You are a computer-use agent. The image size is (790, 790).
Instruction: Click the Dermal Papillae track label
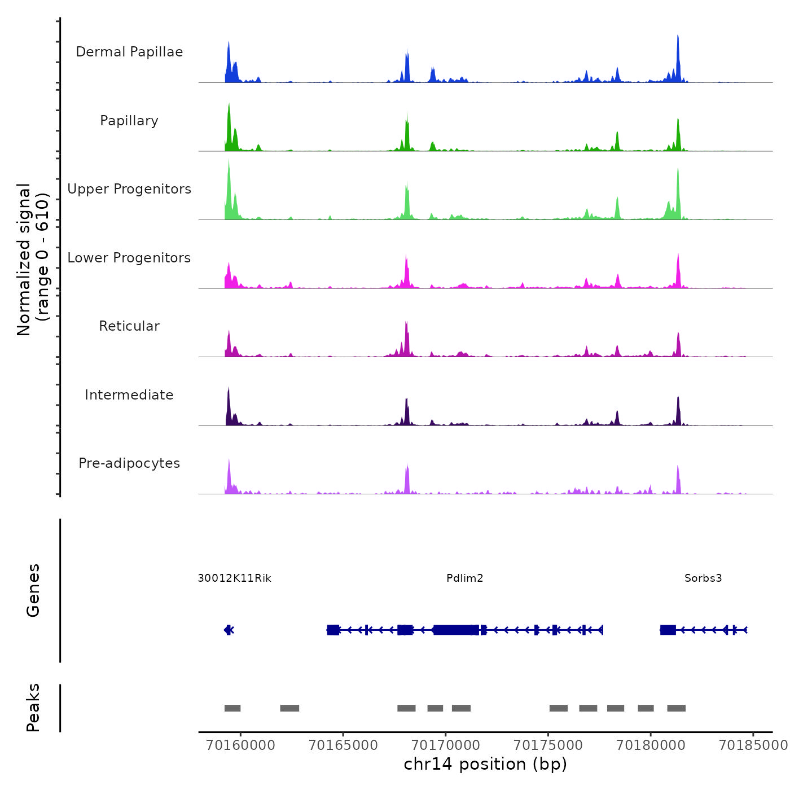click(129, 52)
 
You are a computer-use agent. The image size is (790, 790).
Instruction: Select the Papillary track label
click(129, 121)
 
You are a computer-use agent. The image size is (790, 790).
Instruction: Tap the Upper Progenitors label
click(129, 189)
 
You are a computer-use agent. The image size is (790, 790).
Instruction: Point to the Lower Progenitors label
click(129, 258)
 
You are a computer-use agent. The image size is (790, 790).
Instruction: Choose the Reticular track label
click(129, 326)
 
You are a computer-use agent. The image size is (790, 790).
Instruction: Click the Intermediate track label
click(129, 395)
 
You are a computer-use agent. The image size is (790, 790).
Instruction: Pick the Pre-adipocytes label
click(129, 463)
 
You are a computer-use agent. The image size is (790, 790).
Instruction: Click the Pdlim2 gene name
click(464, 578)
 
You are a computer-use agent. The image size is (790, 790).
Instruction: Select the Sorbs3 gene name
click(703, 578)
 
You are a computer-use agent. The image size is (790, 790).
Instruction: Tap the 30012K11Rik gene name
click(235, 578)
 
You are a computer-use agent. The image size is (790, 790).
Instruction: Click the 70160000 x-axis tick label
click(241, 745)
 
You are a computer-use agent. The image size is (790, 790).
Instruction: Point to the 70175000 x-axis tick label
click(548, 745)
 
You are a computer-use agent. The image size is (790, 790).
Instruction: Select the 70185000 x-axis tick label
click(753, 745)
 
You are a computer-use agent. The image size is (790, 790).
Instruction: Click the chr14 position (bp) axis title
click(485, 764)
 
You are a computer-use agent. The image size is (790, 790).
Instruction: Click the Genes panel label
click(33, 590)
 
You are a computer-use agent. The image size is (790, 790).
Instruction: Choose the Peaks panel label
click(33, 708)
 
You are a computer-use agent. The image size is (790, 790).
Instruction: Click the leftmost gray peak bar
click(232, 708)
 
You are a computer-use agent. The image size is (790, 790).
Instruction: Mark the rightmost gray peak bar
click(676, 708)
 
